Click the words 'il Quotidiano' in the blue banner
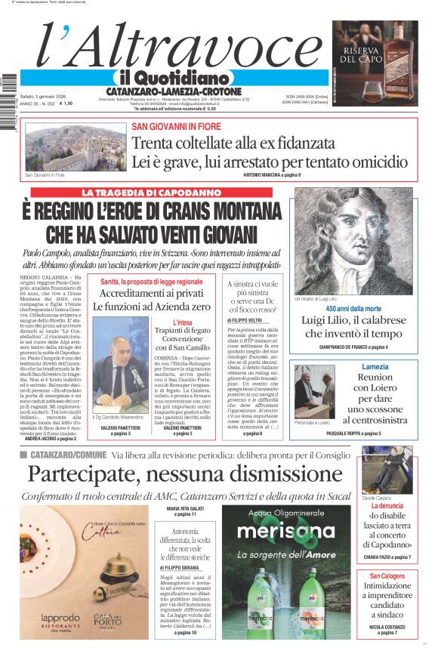click(x=173, y=79)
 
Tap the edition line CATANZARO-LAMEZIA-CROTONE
click(x=173, y=91)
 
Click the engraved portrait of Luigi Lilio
click(x=354, y=241)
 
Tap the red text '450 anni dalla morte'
click(x=353, y=309)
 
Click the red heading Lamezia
click(x=375, y=366)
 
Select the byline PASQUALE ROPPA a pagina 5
click(x=375, y=433)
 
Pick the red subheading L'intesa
click(x=182, y=322)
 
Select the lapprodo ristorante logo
click(x=59, y=618)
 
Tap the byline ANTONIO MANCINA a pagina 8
click(x=272, y=175)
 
